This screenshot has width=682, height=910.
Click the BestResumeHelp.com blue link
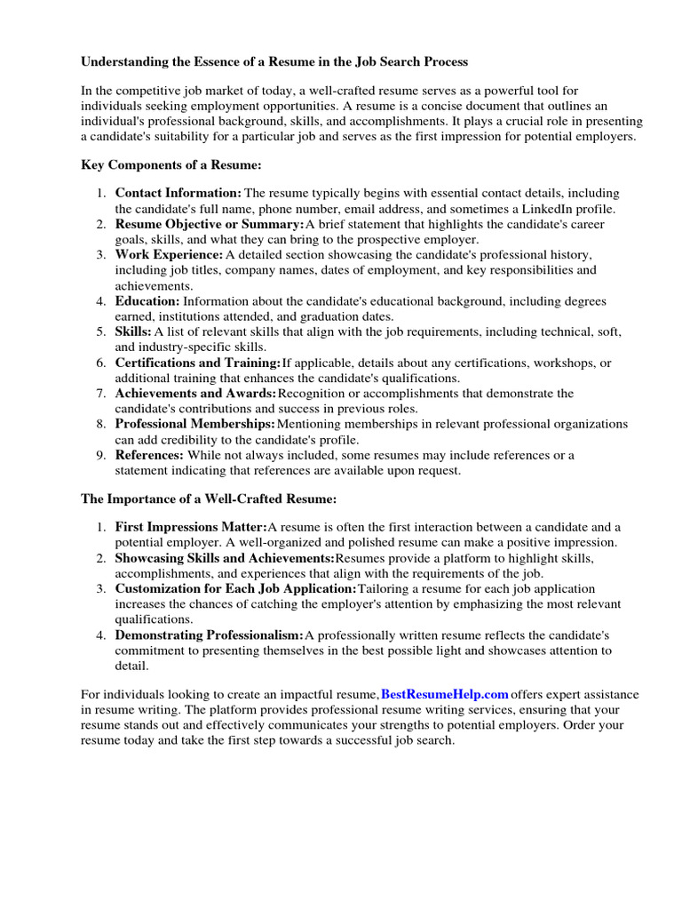445,694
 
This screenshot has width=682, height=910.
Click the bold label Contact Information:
178,193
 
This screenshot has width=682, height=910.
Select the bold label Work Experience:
169,255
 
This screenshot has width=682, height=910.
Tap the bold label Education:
147,301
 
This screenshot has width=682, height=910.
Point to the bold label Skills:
133,331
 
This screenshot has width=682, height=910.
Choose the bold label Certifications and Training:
197,363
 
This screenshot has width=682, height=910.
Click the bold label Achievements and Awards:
195,394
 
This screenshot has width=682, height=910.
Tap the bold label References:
149,455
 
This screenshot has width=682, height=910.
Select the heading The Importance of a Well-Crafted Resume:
209,500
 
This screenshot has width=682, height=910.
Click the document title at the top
274,62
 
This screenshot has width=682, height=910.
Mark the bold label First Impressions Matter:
191,527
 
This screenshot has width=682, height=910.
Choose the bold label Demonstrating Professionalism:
209,635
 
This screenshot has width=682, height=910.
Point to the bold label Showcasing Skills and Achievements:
225,558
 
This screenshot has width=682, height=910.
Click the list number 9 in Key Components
100,455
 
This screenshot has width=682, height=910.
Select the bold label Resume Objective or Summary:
210,224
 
